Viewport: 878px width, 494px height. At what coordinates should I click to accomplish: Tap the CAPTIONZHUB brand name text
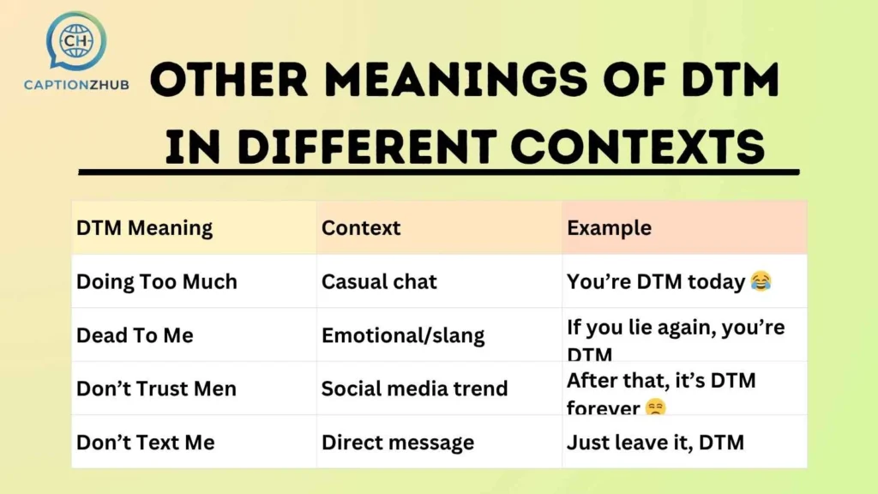(75, 85)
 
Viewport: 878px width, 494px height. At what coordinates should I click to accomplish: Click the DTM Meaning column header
(144, 228)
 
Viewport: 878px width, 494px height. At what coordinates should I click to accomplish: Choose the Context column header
(361, 228)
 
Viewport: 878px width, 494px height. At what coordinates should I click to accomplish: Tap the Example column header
(609, 228)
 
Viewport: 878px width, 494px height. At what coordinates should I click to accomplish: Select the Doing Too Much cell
(156, 281)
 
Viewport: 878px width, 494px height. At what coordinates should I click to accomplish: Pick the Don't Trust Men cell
(156, 389)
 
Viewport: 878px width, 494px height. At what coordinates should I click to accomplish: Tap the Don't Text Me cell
(145, 443)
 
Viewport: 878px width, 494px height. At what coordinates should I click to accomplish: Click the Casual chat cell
(379, 281)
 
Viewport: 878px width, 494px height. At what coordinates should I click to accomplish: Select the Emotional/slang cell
(403, 335)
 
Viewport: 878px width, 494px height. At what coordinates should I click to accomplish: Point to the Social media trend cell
(414, 389)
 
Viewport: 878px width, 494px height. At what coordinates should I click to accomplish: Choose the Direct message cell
(398, 443)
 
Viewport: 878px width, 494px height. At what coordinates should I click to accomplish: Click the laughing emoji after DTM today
(760, 281)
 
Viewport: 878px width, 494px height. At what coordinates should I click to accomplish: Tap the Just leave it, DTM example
(655, 443)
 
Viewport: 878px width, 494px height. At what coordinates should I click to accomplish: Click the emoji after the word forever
(655, 408)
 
